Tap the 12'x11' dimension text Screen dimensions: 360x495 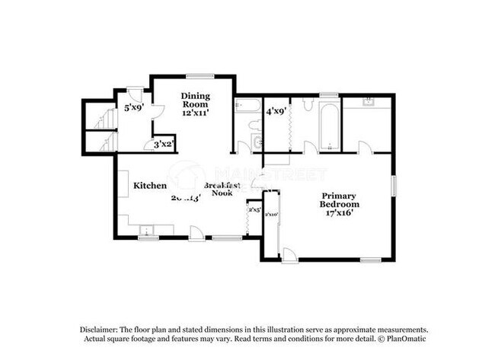(195, 112)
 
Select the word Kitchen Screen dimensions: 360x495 (150, 185)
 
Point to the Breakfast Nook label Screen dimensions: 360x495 (222, 190)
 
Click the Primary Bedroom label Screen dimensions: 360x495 (340, 199)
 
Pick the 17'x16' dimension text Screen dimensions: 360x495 (340, 214)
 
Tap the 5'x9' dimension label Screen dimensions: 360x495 (134, 107)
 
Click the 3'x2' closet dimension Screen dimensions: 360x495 (164, 144)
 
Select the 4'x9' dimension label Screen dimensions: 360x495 (275, 111)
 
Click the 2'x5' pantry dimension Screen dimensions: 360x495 (254, 209)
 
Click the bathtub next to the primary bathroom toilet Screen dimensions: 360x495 (328, 126)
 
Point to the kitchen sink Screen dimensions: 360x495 (148, 229)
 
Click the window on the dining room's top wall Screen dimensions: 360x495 (200, 75)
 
